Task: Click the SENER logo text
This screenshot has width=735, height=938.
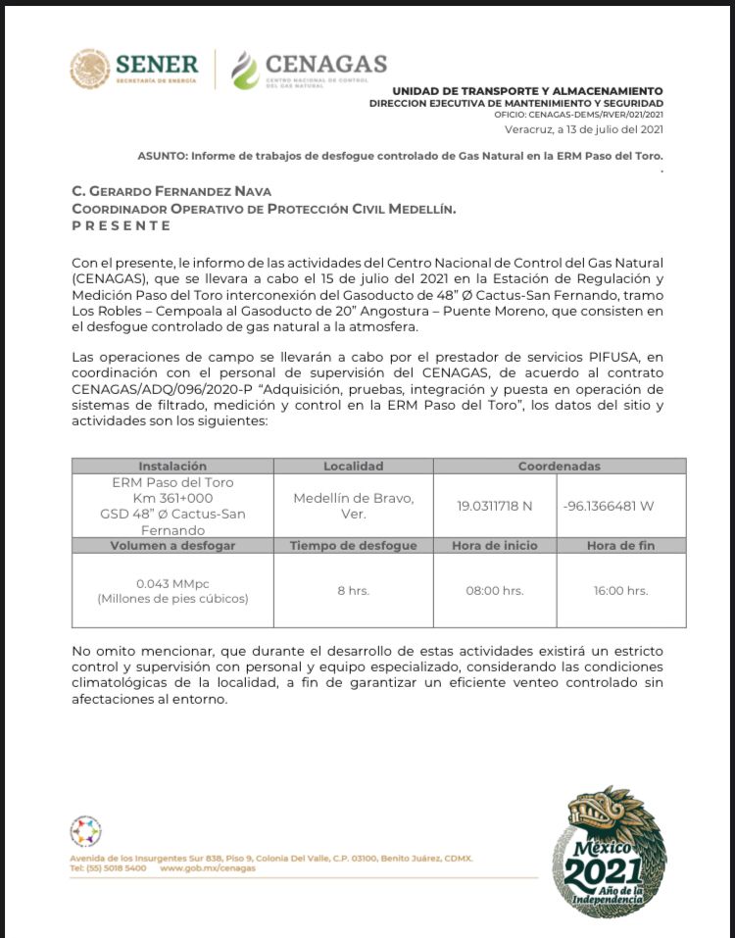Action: tap(157, 65)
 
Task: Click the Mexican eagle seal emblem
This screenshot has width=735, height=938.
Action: tap(89, 69)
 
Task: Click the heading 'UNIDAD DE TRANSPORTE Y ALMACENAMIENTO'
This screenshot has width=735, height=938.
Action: tap(520, 91)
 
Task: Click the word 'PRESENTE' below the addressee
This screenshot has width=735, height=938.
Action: tap(122, 225)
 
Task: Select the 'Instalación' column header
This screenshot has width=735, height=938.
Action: tap(172, 467)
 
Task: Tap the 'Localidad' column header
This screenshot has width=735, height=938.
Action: tap(353, 467)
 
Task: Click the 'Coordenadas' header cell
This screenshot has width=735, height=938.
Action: tap(559, 467)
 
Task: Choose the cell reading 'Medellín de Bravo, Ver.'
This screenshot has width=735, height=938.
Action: tap(353, 506)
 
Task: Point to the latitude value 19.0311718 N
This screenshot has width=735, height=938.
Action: tap(496, 506)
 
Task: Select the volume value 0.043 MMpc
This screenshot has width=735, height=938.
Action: tap(172, 582)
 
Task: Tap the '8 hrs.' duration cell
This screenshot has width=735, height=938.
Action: tap(353, 590)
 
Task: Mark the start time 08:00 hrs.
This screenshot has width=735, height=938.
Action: tap(496, 590)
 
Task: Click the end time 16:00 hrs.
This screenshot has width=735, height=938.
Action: tap(620, 590)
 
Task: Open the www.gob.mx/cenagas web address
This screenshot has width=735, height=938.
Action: tap(208, 868)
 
